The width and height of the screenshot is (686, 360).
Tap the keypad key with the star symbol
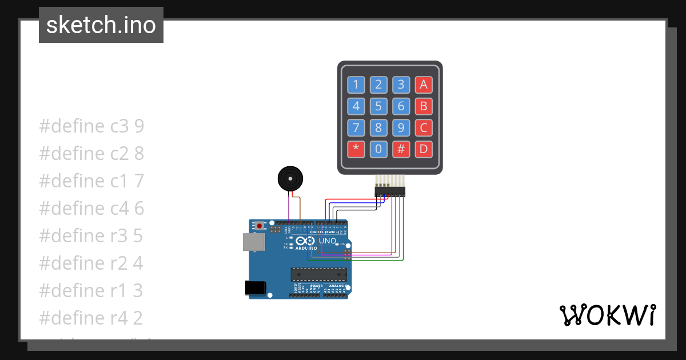pyautogui.click(x=356, y=149)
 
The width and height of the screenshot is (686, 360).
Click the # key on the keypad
pyautogui.click(x=401, y=149)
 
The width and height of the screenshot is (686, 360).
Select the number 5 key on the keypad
pyautogui.click(x=378, y=106)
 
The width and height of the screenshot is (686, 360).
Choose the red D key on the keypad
pyautogui.click(x=424, y=149)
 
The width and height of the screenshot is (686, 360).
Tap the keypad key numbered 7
pyautogui.click(x=356, y=127)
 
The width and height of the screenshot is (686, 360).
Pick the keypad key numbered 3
pyautogui.click(x=401, y=85)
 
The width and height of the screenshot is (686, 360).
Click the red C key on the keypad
pyautogui.click(x=424, y=127)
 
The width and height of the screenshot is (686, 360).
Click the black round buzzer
pyautogui.click(x=290, y=179)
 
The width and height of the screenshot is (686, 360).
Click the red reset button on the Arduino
pyautogui.click(x=260, y=226)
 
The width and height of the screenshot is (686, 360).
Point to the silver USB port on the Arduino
pyautogui.click(x=253, y=242)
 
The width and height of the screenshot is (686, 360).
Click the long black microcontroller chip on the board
pyautogui.click(x=318, y=275)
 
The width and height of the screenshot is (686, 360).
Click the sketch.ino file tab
pyautogui.click(x=101, y=25)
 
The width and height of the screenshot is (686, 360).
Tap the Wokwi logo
pyautogui.click(x=607, y=315)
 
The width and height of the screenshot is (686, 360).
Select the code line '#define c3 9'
pyautogui.click(x=91, y=126)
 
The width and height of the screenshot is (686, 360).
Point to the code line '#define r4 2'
pyautogui.click(x=91, y=318)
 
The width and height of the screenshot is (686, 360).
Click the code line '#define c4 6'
pyautogui.click(x=91, y=209)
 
